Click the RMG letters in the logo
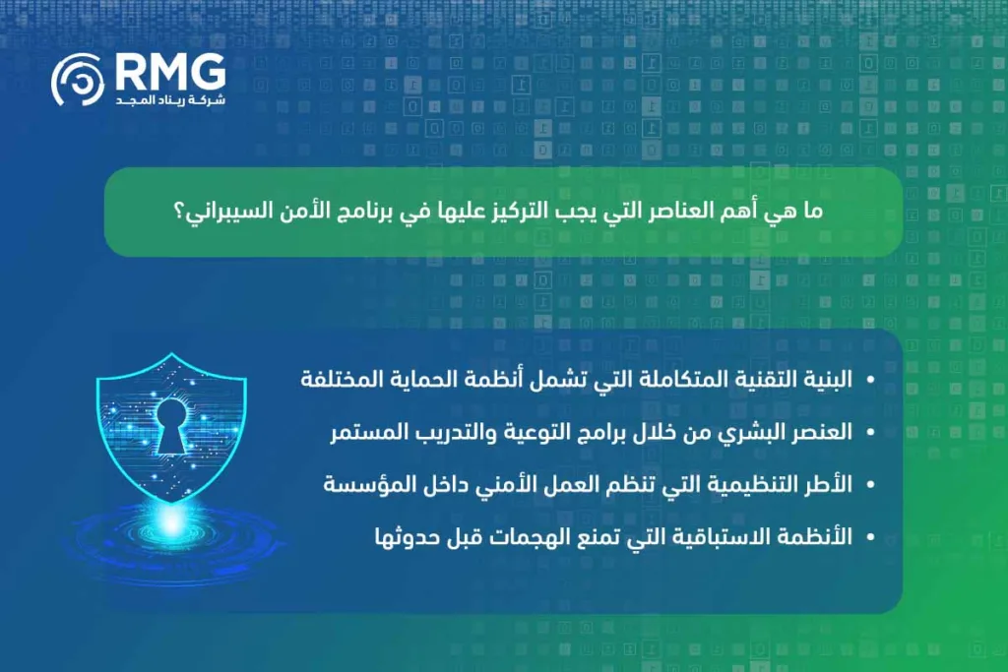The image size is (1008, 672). coord(170,72)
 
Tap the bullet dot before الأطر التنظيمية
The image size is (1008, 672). coord(869,485)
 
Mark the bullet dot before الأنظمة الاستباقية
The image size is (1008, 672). coord(869,537)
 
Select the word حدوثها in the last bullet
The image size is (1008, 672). coord(406,536)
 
